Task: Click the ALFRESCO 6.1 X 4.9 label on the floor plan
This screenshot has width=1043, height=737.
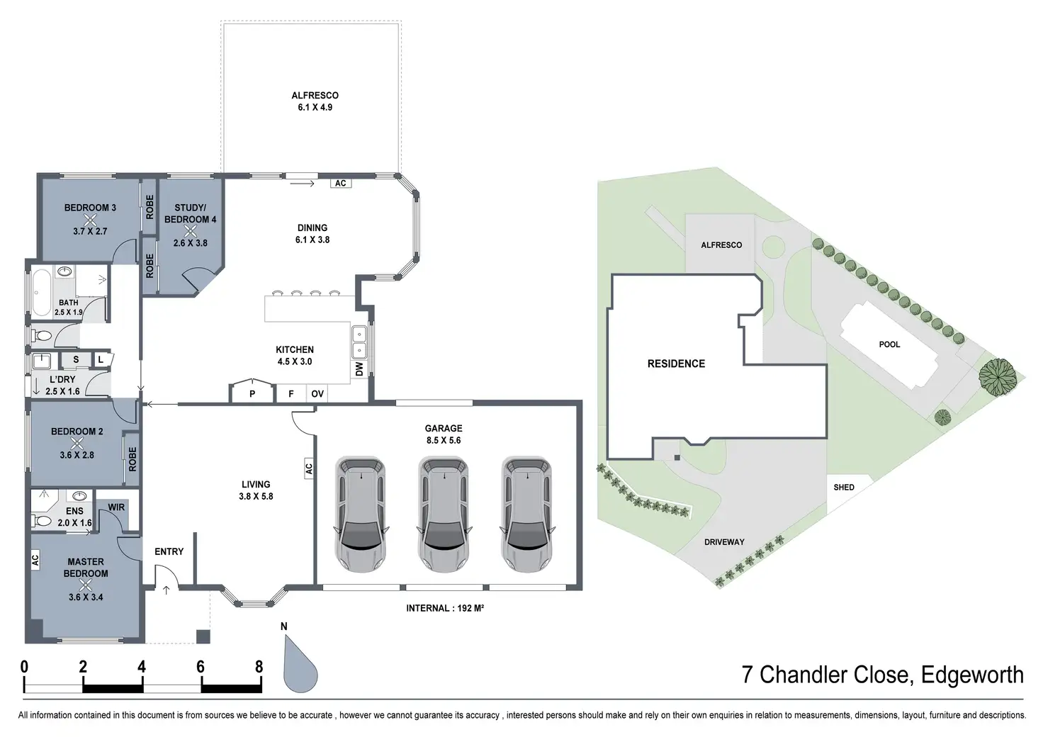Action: tap(315, 101)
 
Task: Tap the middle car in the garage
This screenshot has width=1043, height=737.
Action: tap(444, 514)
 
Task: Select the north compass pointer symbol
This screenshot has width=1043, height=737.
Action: tap(300, 663)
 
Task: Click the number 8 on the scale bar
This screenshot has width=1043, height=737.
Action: tap(259, 667)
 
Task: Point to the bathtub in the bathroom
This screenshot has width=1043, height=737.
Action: tap(42, 293)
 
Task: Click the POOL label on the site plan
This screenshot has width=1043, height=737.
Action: tap(889, 344)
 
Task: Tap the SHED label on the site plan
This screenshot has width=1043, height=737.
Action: tap(844, 487)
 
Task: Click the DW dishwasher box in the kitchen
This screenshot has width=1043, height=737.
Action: tap(359, 368)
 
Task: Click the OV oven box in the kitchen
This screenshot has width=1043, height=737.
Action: tap(317, 394)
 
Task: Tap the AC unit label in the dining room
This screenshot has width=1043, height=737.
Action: tap(341, 183)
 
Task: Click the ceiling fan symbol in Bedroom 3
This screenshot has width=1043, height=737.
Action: tap(90, 220)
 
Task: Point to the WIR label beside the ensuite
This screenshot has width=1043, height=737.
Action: tap(116, 507)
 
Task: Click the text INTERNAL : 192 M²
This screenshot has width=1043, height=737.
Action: tap(445, 607)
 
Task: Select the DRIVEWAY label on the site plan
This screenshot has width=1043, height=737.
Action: tap(724, 542)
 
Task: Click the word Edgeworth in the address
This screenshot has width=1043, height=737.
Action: tap(972, 675)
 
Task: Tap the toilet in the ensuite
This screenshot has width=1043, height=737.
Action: tap(42, 520)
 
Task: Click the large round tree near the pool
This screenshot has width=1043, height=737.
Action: tap(996, 376)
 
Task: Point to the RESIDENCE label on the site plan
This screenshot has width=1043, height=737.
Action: tap(676, 364)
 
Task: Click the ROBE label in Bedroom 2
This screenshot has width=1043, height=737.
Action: tap(133, 459)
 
